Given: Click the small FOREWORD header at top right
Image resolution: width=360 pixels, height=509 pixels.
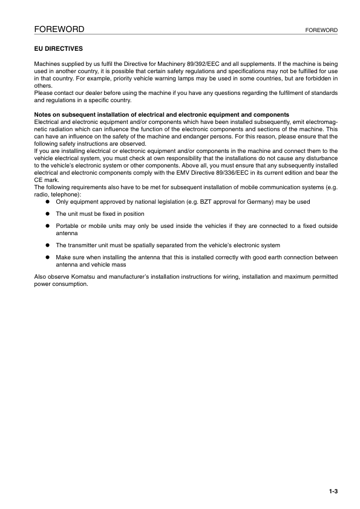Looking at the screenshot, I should coord(322,30).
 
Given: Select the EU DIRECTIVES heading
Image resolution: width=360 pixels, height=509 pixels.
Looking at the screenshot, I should coord(57,47).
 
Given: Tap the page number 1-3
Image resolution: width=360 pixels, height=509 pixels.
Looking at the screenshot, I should coord(333,491).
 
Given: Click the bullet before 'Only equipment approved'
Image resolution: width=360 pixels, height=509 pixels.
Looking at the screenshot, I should coord(45,202).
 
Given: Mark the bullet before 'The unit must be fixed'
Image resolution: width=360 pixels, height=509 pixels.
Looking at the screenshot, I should coord(45,213).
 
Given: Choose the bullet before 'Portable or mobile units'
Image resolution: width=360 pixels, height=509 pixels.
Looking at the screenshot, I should coord(45,225).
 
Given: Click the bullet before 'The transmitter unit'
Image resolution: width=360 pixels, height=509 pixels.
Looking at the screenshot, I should coord(45,245).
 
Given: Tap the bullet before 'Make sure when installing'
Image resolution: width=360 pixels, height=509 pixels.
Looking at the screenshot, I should coord(45,257).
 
